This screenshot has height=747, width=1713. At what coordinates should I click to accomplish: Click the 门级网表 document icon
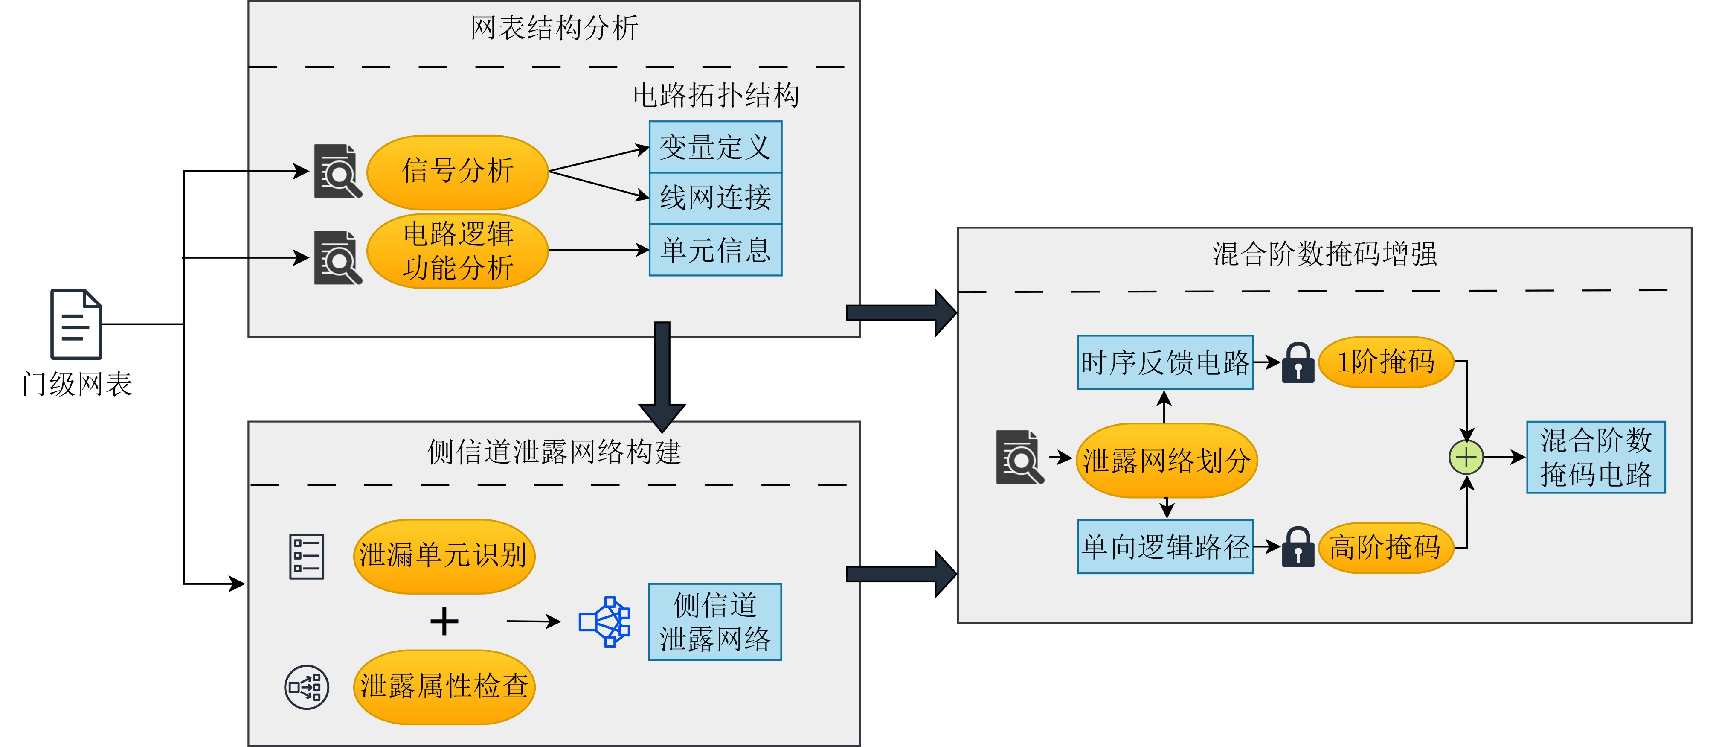tap(76, 324)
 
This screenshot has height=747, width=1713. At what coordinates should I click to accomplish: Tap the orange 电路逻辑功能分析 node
tap(458, 251)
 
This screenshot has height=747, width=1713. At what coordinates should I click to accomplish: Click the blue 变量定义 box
tap(715, 147)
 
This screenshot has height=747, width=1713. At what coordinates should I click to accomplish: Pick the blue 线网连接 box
tap(715, 198)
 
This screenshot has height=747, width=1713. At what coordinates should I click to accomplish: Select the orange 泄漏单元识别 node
tap(444, 555)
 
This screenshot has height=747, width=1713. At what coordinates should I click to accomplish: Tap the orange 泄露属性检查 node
tap(444, 686)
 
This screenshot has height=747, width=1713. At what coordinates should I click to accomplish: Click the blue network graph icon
tap(604, 621)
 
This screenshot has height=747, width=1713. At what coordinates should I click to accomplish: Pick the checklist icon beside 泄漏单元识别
tap(307, 556)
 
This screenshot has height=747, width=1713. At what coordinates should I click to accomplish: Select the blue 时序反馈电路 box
tap(1165, 362)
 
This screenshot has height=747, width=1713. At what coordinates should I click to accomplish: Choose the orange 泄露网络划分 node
tap(1166, 460)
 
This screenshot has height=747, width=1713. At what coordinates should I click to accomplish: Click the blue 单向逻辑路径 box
tap(1165, 547)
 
